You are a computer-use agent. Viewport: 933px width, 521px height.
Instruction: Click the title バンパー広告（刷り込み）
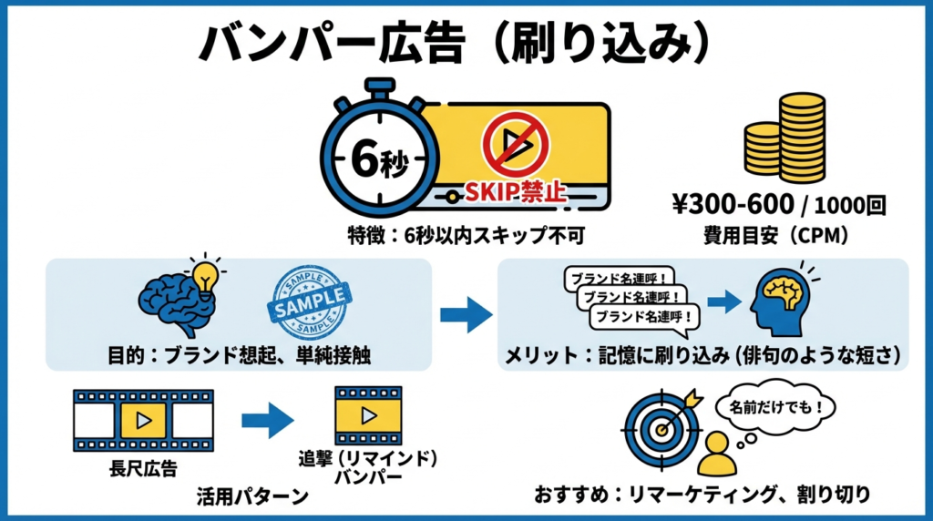click(x=454, y=43)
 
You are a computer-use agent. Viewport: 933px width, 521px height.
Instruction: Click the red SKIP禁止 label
click(x=517, y=192)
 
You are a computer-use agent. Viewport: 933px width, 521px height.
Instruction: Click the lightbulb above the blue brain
click(x=206, y=270)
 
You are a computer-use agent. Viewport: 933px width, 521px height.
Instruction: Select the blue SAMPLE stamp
click(x=310, y=301)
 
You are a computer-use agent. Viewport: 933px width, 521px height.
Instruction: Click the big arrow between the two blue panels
click(x=466, y=315)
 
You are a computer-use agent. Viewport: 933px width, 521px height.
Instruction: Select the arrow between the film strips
click(x=268, y=420)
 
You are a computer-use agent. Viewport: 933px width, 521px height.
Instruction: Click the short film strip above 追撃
click(x=368, y=416)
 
